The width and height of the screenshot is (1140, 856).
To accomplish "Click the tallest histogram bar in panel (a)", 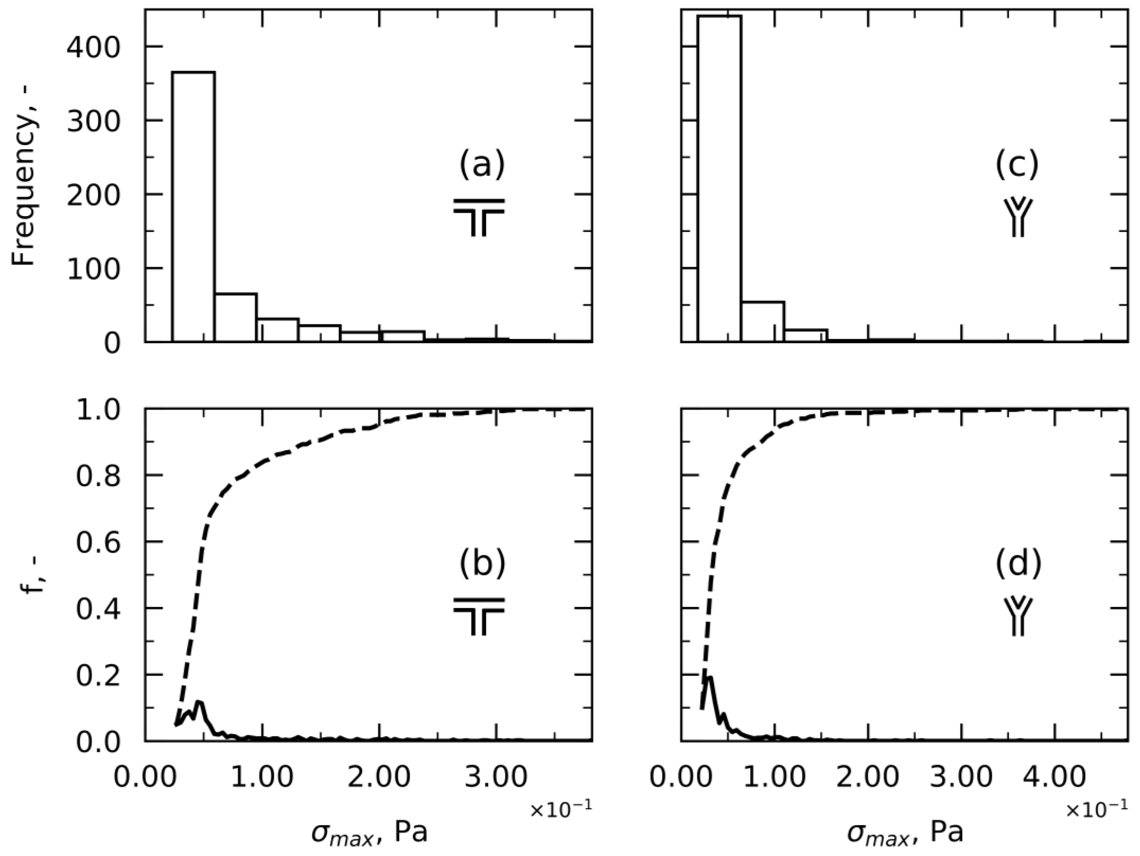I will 193,206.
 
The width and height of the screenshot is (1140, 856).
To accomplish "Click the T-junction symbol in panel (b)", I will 479,617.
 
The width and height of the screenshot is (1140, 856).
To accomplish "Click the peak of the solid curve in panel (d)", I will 710,678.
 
